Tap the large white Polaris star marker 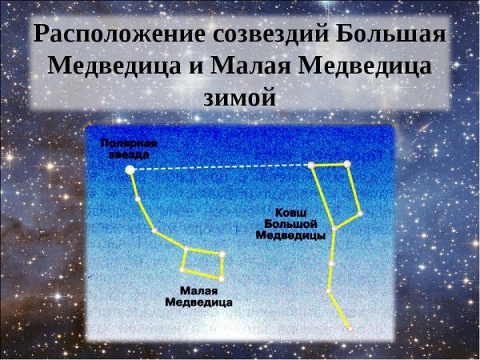(130, 170)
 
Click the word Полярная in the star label (129, 144)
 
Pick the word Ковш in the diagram (290, 214)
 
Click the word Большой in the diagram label (290, 226)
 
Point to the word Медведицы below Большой (290, 237)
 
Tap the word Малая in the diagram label (198, 292)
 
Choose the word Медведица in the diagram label (198, 303)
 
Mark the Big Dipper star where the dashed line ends (310, 166)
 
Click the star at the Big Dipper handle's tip (350, 328)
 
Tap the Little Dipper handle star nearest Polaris (138, 198)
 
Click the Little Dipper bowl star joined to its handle (186, 249)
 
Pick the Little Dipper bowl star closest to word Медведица (222, 278)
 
